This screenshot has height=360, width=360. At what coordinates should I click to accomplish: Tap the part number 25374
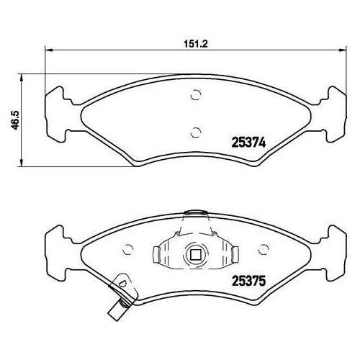coord(249,143)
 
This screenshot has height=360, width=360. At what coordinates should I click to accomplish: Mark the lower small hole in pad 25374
coord(194,131)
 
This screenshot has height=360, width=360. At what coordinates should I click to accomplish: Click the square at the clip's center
coord(194,253)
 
